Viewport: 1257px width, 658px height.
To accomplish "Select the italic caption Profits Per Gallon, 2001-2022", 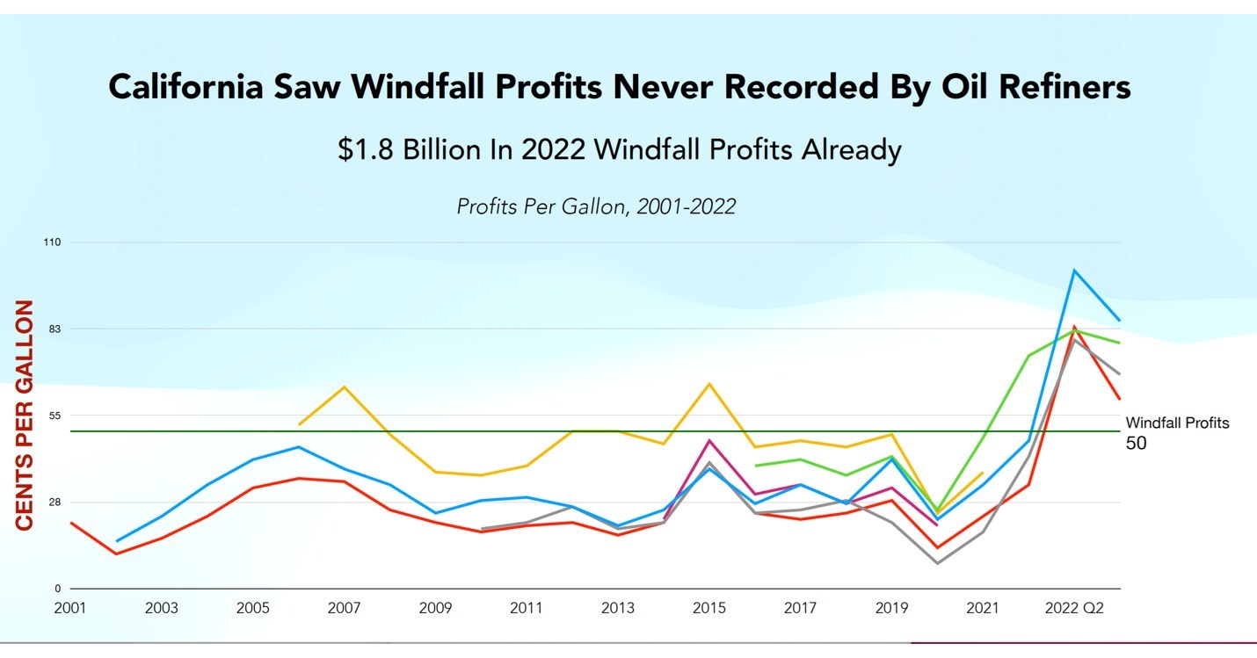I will coord(596,206).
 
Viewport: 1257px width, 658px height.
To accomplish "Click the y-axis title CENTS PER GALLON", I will coord(25,415).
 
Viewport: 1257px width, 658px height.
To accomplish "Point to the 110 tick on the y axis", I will coord(52,242).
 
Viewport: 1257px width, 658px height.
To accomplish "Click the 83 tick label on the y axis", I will coord(54,329).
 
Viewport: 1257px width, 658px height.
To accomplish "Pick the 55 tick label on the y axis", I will coord(54,416).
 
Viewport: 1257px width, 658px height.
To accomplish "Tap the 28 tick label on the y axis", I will coord(54,503).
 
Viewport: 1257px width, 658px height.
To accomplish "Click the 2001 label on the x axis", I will coord(70,608).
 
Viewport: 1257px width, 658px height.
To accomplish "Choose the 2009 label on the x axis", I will coord(435,608).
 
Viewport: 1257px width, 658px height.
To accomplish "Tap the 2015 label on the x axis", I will coord(708,608).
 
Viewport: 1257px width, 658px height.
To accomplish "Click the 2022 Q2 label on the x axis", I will coord(1074,608).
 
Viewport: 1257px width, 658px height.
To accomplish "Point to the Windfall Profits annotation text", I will coord(1177,423).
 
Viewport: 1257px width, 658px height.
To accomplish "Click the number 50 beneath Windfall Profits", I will coord(1136,444).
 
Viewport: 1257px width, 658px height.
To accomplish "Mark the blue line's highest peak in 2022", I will coord(1074,270).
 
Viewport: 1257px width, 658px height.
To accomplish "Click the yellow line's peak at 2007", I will coord(344,387).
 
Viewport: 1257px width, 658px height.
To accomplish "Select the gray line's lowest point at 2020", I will coord(938,563).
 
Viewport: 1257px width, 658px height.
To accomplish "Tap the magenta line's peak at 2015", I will coord(709,440).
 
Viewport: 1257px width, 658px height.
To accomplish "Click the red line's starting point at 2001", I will coord(70,523).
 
